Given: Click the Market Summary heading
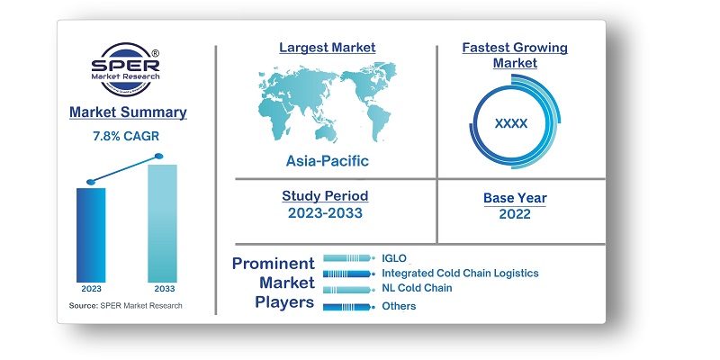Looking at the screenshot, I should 127,112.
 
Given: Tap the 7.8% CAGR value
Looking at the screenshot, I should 127,136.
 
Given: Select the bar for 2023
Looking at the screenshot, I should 91,233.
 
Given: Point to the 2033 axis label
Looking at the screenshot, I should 162,289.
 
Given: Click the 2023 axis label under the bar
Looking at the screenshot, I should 91,289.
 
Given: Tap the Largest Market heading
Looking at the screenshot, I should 327,47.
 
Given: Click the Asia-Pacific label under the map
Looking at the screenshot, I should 327,161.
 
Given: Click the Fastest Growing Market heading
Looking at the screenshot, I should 515,54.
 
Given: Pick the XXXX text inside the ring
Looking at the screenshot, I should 511,122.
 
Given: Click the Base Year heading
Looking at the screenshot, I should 514,198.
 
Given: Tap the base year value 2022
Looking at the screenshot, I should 514,214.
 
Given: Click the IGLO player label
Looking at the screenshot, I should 394,258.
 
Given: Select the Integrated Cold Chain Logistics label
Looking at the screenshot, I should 459,273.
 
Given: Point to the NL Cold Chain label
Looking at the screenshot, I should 417,288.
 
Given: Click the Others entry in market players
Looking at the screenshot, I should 399,306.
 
